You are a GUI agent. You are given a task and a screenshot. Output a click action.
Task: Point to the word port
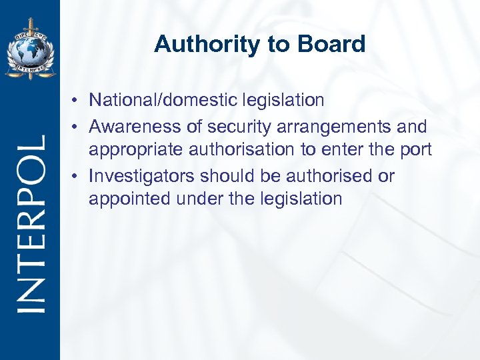point(418,150)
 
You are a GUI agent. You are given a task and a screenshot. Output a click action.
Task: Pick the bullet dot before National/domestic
point(78,101)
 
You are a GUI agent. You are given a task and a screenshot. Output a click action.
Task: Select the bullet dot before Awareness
point(78,127)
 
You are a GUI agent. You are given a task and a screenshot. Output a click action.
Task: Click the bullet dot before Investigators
point(78,177)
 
